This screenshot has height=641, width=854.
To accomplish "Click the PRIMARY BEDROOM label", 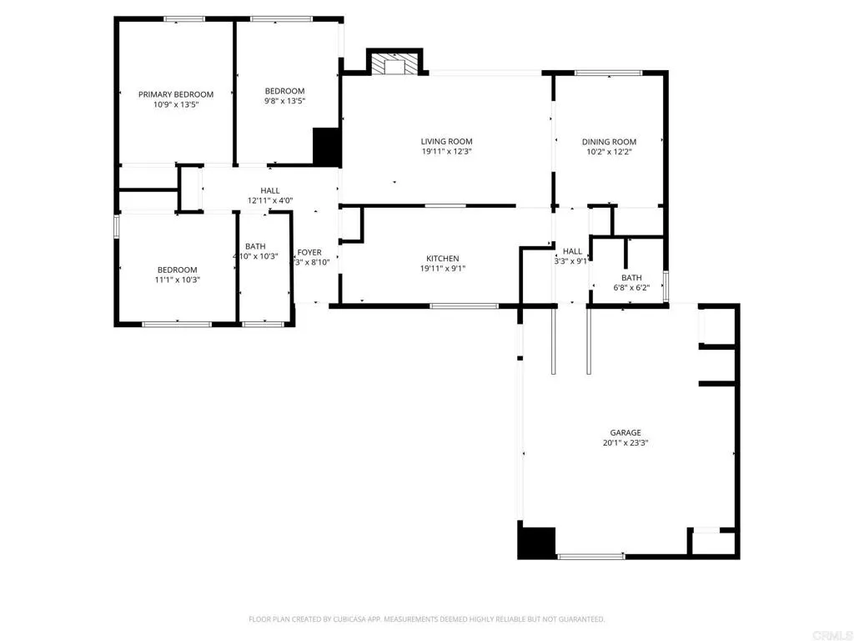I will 176,94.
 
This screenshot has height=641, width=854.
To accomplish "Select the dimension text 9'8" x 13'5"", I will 284,102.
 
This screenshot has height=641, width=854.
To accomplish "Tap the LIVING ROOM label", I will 446,142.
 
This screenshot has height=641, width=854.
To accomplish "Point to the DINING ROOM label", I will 609,142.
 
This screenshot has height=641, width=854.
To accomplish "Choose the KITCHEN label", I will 443,259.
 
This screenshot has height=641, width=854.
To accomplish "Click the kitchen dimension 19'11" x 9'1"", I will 443,269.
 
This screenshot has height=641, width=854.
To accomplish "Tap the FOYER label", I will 309,252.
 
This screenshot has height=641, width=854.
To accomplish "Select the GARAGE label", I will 625,432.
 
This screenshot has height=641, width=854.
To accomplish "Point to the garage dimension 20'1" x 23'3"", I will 625,443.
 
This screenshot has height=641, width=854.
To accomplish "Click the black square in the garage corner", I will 536,542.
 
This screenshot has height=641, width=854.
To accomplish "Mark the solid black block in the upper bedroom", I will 326,146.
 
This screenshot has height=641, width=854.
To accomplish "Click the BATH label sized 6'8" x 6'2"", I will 631,278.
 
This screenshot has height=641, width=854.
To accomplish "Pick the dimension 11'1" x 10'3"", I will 178,280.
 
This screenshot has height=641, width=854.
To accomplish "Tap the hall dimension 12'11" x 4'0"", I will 270,200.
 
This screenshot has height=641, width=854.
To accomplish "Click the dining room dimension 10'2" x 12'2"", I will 609,152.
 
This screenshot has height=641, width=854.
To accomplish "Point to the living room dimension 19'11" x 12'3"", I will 446,152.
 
